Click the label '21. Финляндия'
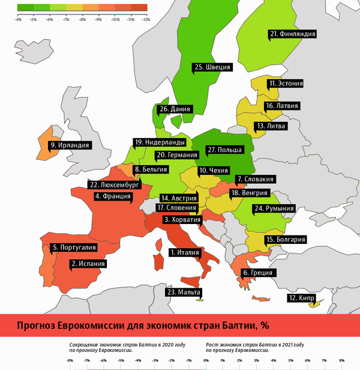(292, 35)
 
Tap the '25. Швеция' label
(212, 67)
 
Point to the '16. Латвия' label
(281, 106)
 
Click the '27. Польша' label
(223, 149)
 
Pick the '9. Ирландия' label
(70, 145)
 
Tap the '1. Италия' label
(185, 252)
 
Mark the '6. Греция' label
(257, 273)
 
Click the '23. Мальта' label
(185, 293)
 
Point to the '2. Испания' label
(89, 263)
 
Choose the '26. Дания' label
(175, 109)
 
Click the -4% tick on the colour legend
(17, 19)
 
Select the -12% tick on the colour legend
(146, 19)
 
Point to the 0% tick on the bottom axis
(206, 360)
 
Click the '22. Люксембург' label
(113, 185)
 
